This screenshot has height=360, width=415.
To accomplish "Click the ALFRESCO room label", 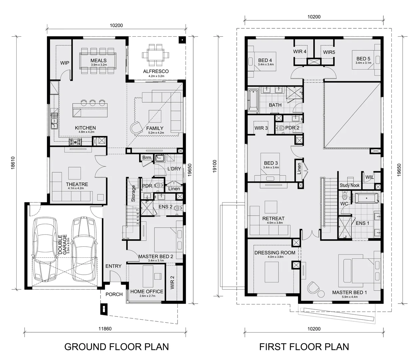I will tap(156, 71).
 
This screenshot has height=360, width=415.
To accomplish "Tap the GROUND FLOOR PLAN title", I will tap(116, 347).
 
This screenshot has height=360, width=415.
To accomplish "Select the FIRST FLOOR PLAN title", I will tap(304, 347).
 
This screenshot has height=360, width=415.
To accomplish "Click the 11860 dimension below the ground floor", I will tap(105, 329).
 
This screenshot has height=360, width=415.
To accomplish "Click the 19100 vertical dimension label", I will tap(214, 166).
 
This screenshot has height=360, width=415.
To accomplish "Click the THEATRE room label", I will tap(77, 184).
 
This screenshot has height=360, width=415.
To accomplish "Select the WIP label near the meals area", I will tap(65, 63).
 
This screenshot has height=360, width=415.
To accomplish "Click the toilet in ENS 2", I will tap(178, 208).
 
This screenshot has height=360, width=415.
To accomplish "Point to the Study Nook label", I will tap(349, 185).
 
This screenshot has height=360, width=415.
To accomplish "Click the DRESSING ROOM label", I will tap(275, 253).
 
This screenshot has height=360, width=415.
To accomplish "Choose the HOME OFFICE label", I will tap(147, 291).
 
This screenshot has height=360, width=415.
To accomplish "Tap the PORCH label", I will tap(114, 294).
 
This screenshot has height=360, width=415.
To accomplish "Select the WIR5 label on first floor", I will tap(329, 52).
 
